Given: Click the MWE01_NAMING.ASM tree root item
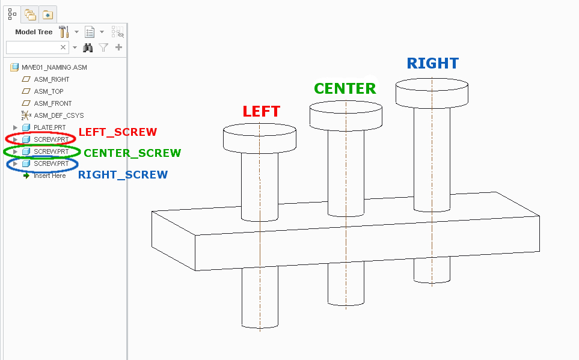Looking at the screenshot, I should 54,67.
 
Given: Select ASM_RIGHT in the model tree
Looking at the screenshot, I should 51,79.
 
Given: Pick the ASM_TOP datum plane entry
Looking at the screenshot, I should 49,91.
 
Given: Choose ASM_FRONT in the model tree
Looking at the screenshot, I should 53,103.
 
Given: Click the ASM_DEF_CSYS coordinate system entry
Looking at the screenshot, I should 58,115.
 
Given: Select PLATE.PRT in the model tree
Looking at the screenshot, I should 49,127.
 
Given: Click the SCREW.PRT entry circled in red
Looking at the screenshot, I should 51,139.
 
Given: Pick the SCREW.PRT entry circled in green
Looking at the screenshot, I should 51,151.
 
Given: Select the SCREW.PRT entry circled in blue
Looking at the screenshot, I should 51,163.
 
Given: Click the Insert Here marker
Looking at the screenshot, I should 49,175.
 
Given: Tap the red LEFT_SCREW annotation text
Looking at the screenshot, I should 118,132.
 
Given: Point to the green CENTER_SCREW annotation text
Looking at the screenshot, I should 132,153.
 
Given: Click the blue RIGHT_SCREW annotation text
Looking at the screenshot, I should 123,175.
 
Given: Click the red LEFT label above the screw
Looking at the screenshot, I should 261,111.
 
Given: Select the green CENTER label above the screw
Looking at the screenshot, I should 345,89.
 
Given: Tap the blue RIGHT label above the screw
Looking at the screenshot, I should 433,63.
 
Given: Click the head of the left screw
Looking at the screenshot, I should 259,139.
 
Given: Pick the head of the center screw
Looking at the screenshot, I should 346,115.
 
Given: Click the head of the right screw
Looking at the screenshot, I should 432,92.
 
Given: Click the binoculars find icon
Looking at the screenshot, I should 88,47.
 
